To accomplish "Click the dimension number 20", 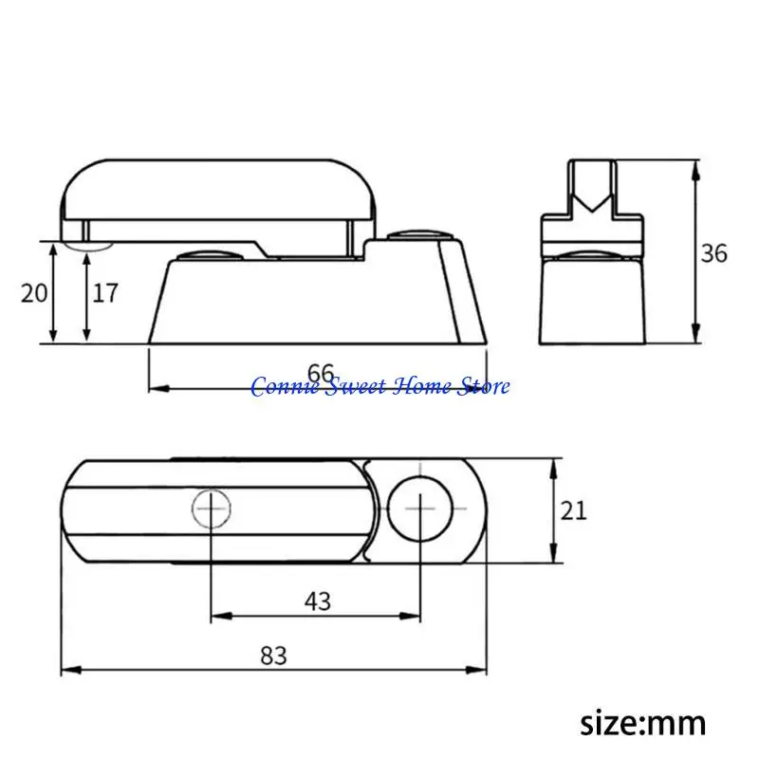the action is tap(34, 293).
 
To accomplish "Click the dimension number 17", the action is tap(105, 293).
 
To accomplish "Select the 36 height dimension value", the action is tap(714, 253).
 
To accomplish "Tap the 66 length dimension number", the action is tap(321, 373).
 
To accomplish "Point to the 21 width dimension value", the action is tap(574, 510).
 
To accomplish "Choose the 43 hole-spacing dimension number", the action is tap(318, 602).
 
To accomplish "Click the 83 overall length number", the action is tap(273, 656).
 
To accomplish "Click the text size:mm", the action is tap(643, 724).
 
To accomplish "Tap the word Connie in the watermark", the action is tap(286, 387).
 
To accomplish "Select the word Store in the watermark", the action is tap(484, 387).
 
